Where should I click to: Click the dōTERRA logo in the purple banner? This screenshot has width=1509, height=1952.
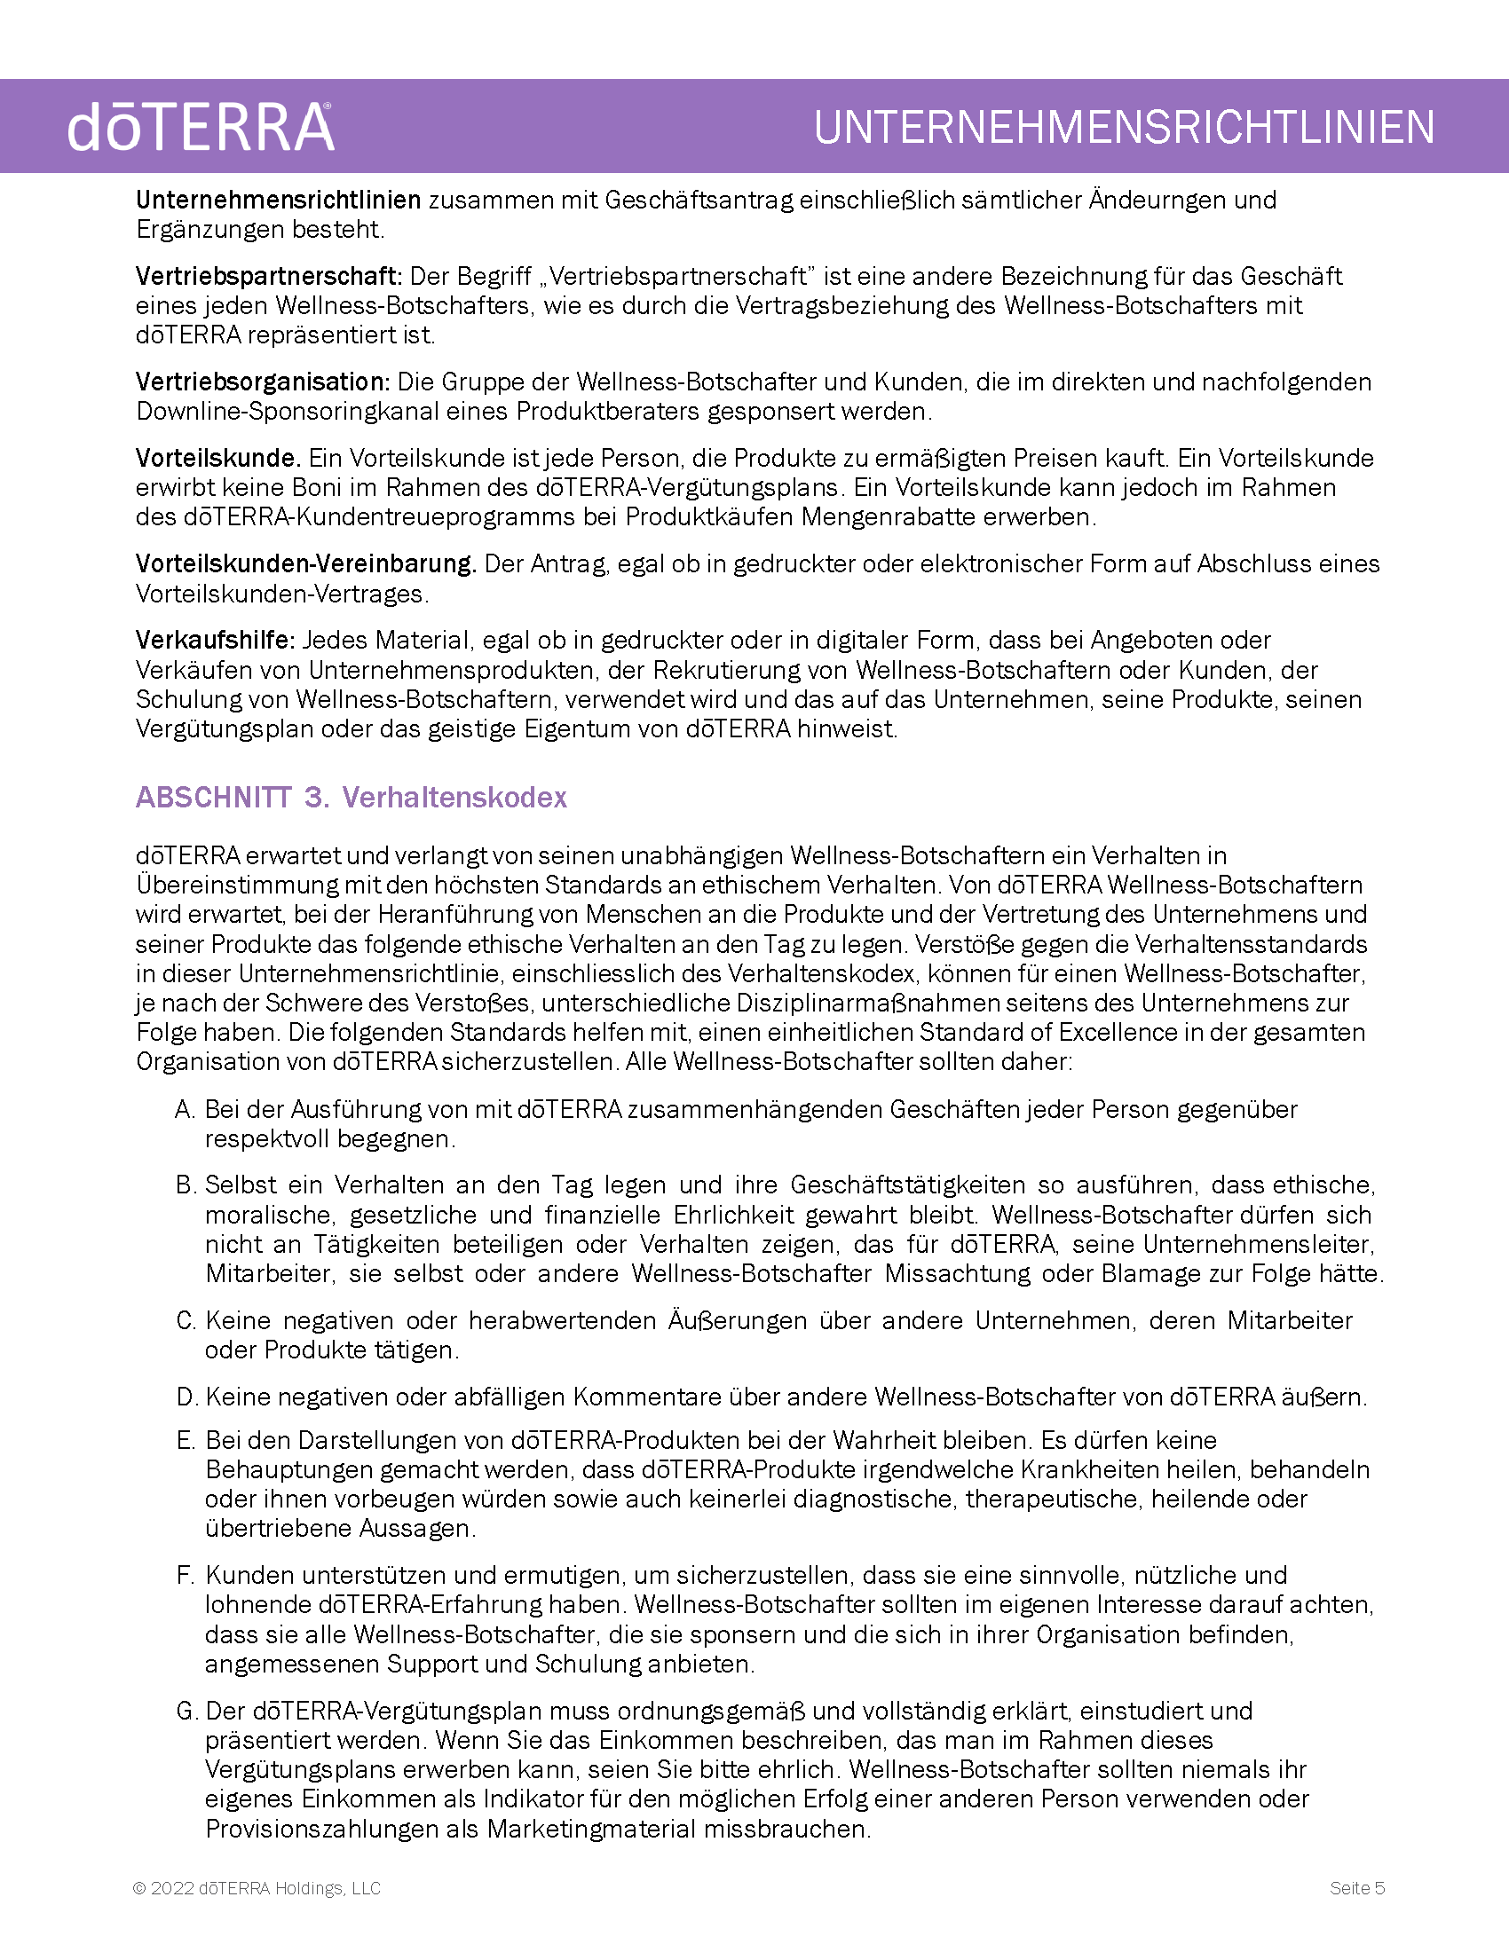pos(201,128)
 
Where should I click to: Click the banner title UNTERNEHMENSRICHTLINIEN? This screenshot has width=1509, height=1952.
pos(1124,128)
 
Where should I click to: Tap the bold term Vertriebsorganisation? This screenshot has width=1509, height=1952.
pos(263,382)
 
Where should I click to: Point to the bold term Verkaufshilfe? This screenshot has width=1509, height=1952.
pos(215,640)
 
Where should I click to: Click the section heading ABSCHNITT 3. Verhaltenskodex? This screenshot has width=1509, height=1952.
pos(352,798)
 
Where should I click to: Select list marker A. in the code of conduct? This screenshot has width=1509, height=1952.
pos(185,1110)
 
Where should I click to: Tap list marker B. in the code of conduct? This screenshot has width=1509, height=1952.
pos(185,1185)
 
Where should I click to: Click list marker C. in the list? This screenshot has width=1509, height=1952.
pos(185,1321)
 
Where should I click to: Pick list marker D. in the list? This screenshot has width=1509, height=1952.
pos(186,1397)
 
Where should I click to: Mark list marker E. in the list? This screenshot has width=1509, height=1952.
pos(185,1441)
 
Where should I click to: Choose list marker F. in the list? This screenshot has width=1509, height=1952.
pos(185,1576)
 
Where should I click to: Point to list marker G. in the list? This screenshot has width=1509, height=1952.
pos(186,1712)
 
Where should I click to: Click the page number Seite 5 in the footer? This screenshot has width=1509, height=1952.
pos(1356,1887)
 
